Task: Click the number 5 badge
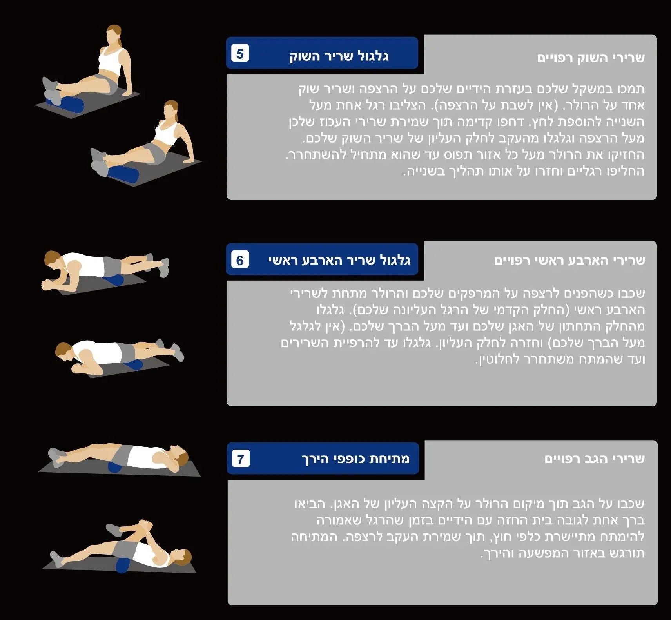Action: point(240,53)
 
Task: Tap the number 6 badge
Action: point(240,260)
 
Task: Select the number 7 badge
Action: point(241,459)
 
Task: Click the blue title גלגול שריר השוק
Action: point(339,56)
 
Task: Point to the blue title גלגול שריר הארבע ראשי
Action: point(339,260)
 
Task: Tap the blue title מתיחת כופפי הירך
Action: point(355,459)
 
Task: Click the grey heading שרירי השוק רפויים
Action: point(591,58)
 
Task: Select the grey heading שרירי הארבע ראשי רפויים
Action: point(569,260)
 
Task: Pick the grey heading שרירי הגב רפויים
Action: point(594,459)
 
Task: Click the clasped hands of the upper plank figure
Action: point(47,284)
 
